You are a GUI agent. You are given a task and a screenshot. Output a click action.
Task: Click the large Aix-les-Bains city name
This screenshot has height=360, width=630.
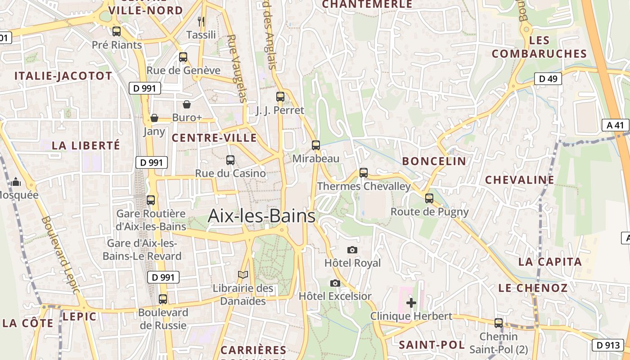261,216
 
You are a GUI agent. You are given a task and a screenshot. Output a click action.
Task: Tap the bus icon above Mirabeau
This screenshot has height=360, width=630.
316,145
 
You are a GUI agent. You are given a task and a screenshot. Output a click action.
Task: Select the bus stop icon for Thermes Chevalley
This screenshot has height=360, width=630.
364,173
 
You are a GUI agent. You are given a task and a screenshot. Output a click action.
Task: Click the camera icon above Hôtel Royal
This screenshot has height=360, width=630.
352,250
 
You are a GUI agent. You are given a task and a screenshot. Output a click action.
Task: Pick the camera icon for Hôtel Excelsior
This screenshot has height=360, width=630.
335,283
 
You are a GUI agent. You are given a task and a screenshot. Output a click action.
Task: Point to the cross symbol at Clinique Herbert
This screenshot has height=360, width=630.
411,303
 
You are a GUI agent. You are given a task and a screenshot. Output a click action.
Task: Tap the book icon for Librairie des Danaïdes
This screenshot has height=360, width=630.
243,274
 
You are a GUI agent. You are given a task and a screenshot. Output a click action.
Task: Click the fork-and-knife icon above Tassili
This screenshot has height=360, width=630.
201,21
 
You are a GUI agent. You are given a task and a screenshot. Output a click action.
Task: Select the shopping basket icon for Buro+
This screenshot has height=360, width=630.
187,104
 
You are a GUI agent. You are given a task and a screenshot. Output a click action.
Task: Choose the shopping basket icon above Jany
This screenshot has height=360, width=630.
154,118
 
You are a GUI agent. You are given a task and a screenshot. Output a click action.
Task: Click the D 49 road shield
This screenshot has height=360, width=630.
548,79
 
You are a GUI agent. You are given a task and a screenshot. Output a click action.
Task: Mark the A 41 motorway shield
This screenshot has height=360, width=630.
615,125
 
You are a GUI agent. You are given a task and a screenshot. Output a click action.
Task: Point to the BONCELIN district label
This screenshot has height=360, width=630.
434,161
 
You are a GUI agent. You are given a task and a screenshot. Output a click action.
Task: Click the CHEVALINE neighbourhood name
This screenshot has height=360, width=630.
519,180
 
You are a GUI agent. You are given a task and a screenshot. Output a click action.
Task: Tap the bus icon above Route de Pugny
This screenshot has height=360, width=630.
429,198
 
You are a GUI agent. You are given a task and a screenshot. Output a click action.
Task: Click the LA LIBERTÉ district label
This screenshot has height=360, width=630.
86,145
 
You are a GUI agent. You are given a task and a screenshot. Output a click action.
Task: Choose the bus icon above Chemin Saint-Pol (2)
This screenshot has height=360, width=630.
499,323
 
